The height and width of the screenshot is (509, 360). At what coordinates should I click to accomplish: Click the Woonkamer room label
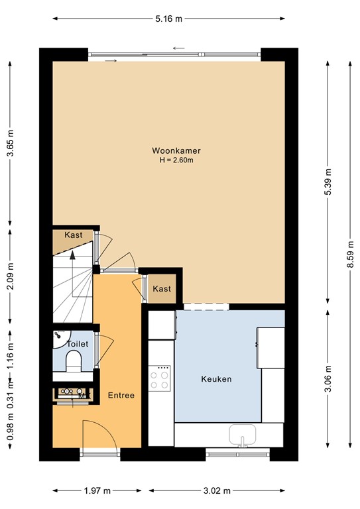click(176, 150)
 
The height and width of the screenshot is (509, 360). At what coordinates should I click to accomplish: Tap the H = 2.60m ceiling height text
click(176, 160)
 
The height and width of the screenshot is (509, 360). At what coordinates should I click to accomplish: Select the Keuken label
click(216, 379)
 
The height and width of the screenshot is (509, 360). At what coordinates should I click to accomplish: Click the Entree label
click(121, 396)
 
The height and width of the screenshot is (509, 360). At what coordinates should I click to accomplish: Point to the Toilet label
click(78, 345)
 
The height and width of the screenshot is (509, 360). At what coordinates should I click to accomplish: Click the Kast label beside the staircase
click(74, 235)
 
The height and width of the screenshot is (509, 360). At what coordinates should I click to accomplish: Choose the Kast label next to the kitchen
click(162, 289)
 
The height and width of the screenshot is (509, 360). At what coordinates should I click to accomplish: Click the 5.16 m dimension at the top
click(168, 19)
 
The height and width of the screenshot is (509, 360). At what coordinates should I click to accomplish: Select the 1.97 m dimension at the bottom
click(97, 491)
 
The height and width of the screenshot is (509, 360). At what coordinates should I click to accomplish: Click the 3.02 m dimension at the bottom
click(217, 491)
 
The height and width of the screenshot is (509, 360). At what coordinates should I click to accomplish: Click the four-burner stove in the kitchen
click(159, 379)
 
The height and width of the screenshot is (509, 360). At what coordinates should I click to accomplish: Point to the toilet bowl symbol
click(73, 361)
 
